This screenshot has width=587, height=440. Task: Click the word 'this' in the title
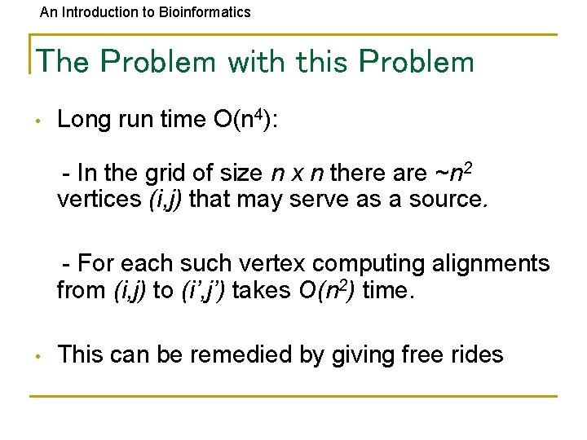323,61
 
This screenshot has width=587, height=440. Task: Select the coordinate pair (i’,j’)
202,290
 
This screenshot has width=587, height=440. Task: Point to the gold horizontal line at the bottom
293,396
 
